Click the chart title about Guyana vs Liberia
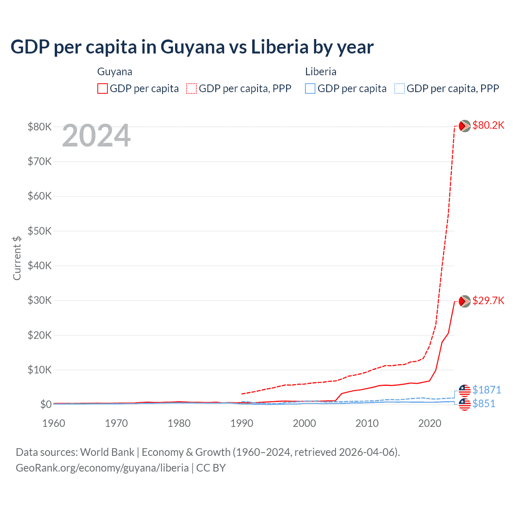click(x=192, y=47)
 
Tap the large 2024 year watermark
click(x=96, y=136)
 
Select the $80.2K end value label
click(x=488, y=125)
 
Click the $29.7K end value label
click(x=488, y=301)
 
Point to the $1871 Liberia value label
click(x=486, y=390)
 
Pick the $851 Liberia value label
click(x=484, y=404)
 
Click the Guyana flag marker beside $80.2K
click(x=465, y=126)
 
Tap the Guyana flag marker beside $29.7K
click(x=465, y=301)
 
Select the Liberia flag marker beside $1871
click(x=465, y=390)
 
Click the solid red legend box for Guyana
click(x=103, y=89)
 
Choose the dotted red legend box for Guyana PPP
click(x=192, y=89)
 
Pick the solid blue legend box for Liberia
click(x=310, y=89)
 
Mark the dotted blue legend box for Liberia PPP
click(x=400, y=89)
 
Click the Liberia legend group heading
click(x=321, y=72)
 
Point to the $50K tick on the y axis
click(x=39, y=231)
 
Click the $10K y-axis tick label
click(x=39, y=370)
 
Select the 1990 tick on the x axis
click(x=242, y=423)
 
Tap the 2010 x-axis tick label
click(x=367, y=423)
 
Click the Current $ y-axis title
click(x=17, y=258)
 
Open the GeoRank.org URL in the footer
click(x=102, y=468)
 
